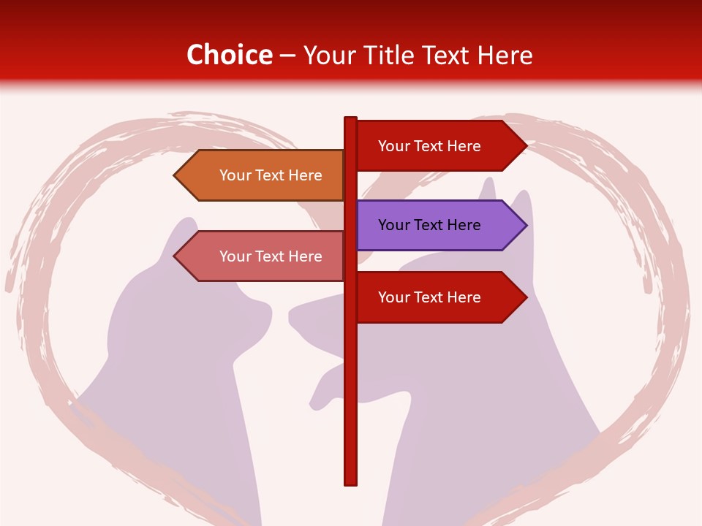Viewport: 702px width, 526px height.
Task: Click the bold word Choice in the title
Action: [x=229, y=55]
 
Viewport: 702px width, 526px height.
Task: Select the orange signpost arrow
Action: [x=263, y=175]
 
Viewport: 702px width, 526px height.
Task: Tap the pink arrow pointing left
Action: [x=263, y=256]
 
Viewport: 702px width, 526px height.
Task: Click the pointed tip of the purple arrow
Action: [x=525, y=225]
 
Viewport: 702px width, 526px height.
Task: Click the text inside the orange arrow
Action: [x=271, y=175]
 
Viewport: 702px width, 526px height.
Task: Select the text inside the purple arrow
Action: [x=429, y=225]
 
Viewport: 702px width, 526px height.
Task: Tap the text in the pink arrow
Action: [x=271, y=256]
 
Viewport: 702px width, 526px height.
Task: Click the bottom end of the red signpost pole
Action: [x=350, y=482]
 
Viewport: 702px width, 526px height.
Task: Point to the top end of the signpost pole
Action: [x=350, y=120]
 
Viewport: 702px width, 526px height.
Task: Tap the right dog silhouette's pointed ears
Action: [x=521, y=201]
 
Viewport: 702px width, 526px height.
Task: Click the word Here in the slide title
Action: [x=505, y=55]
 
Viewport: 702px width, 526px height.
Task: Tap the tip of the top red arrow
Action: [x=525, y=146]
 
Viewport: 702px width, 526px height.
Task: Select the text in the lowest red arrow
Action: [x=429, y=297]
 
